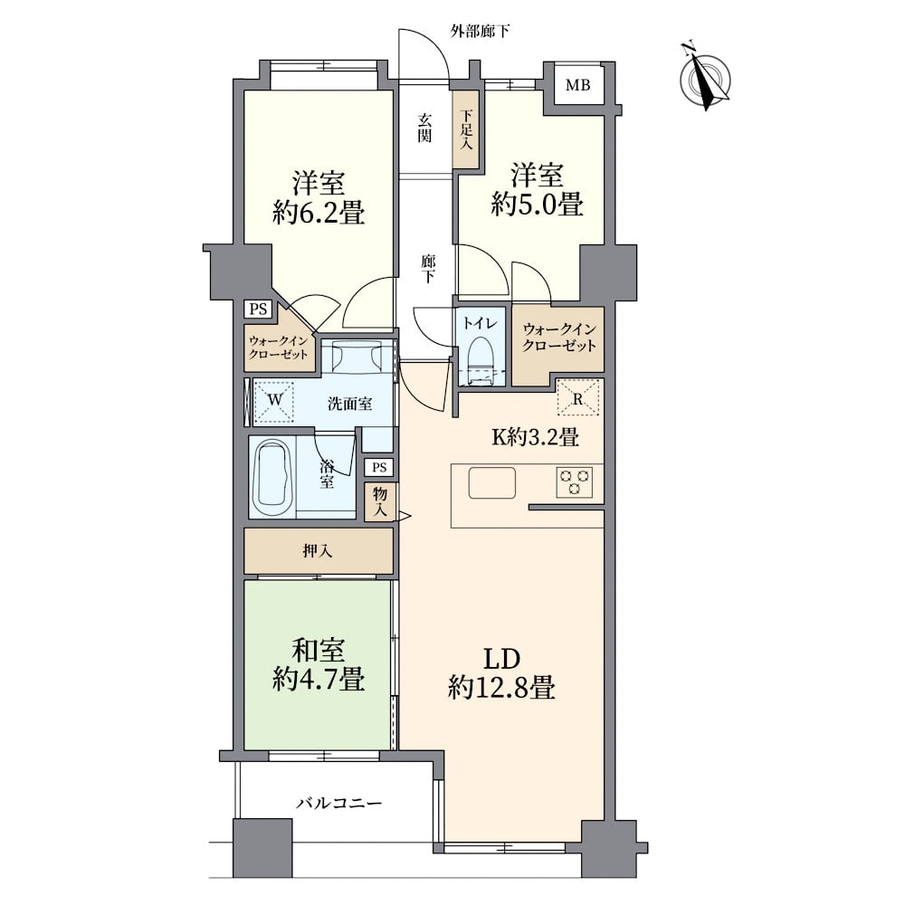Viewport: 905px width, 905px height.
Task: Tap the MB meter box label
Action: [x=577, y=87]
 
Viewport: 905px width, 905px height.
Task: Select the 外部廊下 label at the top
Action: [x=480, y=32]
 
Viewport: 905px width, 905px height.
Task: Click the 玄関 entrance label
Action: [x=424, y=128]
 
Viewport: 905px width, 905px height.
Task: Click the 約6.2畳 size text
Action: [x=318, y=214]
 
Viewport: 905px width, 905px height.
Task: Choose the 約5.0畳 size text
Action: [x=536, y=205]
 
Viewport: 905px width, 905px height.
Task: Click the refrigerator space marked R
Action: [x=577, y=395]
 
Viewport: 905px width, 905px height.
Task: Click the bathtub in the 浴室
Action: [x=272, y=477]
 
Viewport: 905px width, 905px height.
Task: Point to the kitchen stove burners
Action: [x=573, y=481]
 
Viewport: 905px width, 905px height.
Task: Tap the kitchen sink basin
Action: [x=491, y=482]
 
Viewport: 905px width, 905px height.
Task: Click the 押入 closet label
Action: [x=316, y=551]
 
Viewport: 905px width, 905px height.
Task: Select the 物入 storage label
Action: [x=379, y=500]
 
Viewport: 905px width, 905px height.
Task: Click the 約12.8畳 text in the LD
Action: [x=500, y=690]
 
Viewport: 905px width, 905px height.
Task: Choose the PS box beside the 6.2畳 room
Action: [x=258, y=309]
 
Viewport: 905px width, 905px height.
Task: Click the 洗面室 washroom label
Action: [x=350, y=405]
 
